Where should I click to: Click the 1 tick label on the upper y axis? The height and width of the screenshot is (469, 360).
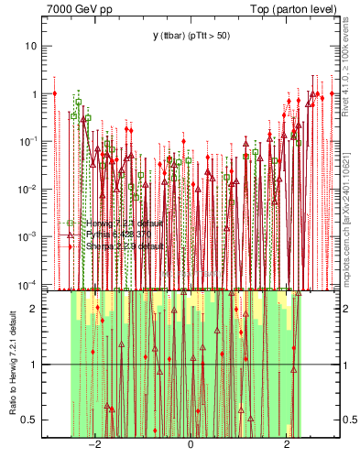tap(35, 93)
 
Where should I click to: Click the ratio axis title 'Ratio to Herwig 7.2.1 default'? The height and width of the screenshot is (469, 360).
tap(12, 364)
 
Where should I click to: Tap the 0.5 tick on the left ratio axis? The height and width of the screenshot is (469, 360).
tap(30, 420)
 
